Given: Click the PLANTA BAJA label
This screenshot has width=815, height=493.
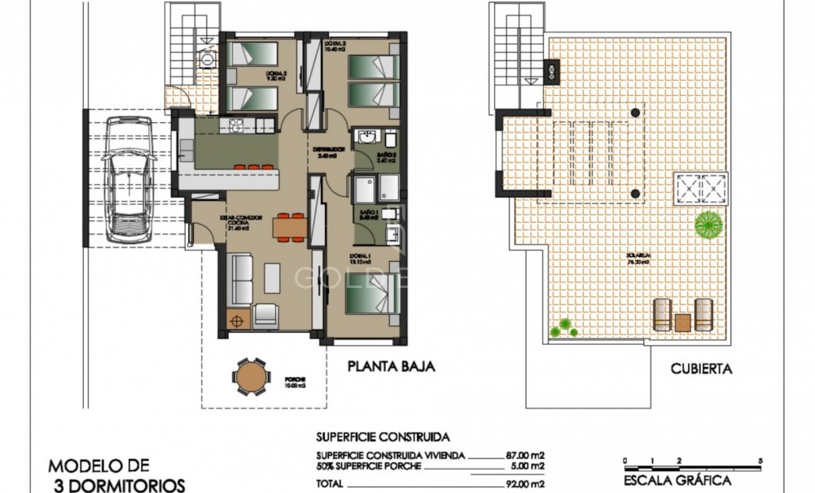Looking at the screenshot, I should [x=390, y=367].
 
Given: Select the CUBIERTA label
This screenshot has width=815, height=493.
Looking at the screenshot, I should [x=701, y=369].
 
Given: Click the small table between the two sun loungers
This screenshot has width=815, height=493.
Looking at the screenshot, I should [x=682, y=321].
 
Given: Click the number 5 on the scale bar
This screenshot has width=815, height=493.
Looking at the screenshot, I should [x=759, y=460].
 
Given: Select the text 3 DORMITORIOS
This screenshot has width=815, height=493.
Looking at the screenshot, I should [x=116, y=485].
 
